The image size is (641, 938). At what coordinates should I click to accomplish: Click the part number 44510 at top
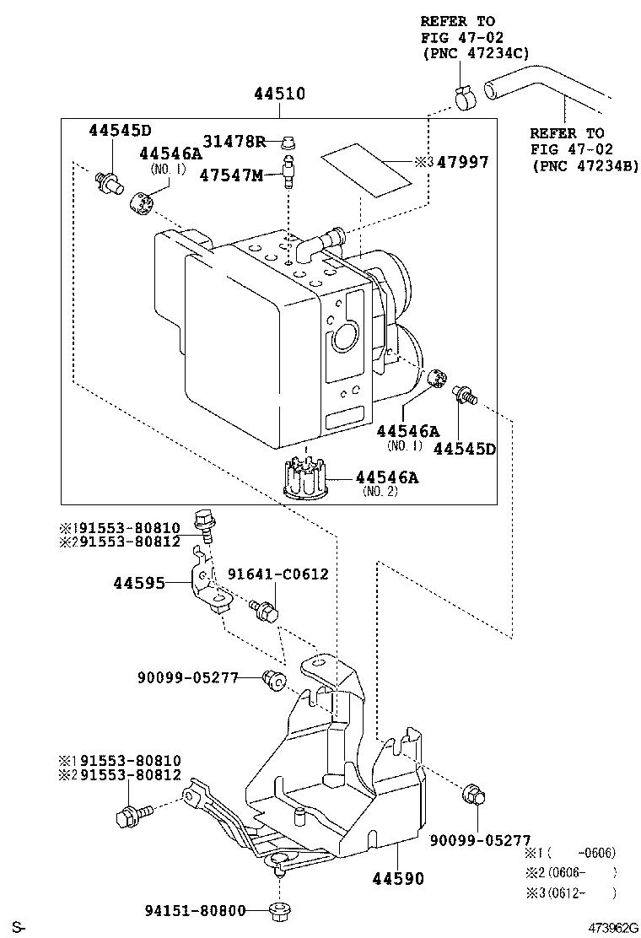pos(279,94)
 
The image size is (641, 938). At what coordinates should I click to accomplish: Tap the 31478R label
pos(234,141)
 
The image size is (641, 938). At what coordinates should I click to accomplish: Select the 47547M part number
pos(231,175)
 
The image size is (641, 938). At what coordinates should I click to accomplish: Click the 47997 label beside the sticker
pos(463,161)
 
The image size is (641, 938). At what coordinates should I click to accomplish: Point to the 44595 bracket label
pos(139,583)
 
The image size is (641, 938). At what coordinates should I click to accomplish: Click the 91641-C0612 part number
pos(278,574)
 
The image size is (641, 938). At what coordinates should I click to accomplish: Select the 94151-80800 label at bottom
pos(195,910)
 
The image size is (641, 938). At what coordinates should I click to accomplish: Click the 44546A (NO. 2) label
pos(387,483)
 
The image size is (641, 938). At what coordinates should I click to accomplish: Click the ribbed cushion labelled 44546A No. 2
pos(307,476)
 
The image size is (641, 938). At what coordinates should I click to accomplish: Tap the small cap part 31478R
pos(289,143)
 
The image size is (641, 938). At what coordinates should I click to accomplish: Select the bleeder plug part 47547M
pos(288,172)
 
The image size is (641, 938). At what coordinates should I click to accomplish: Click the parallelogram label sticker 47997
pos(367,170)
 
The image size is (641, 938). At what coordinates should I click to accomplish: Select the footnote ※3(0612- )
pos(570,893)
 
